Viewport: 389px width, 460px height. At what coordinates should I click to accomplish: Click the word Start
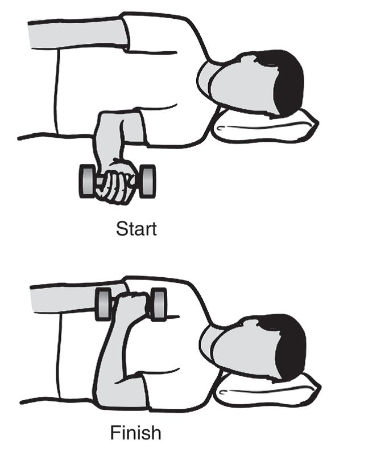(x=136, y=229)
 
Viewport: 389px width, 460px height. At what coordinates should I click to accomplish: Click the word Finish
(x=136, y=433)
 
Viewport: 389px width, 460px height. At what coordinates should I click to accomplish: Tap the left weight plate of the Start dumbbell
(x=87, y=180)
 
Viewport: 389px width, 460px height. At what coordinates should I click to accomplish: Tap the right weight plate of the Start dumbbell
(x=147, y=180)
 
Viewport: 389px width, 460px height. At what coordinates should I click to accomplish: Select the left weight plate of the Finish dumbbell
(x=104, y=303)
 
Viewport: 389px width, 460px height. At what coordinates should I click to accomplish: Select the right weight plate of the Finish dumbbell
(x=159, y=304)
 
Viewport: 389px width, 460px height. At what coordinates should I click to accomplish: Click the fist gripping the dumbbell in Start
(x=117, y=182)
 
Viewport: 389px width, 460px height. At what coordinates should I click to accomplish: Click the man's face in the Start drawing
(x=243, y=85)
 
